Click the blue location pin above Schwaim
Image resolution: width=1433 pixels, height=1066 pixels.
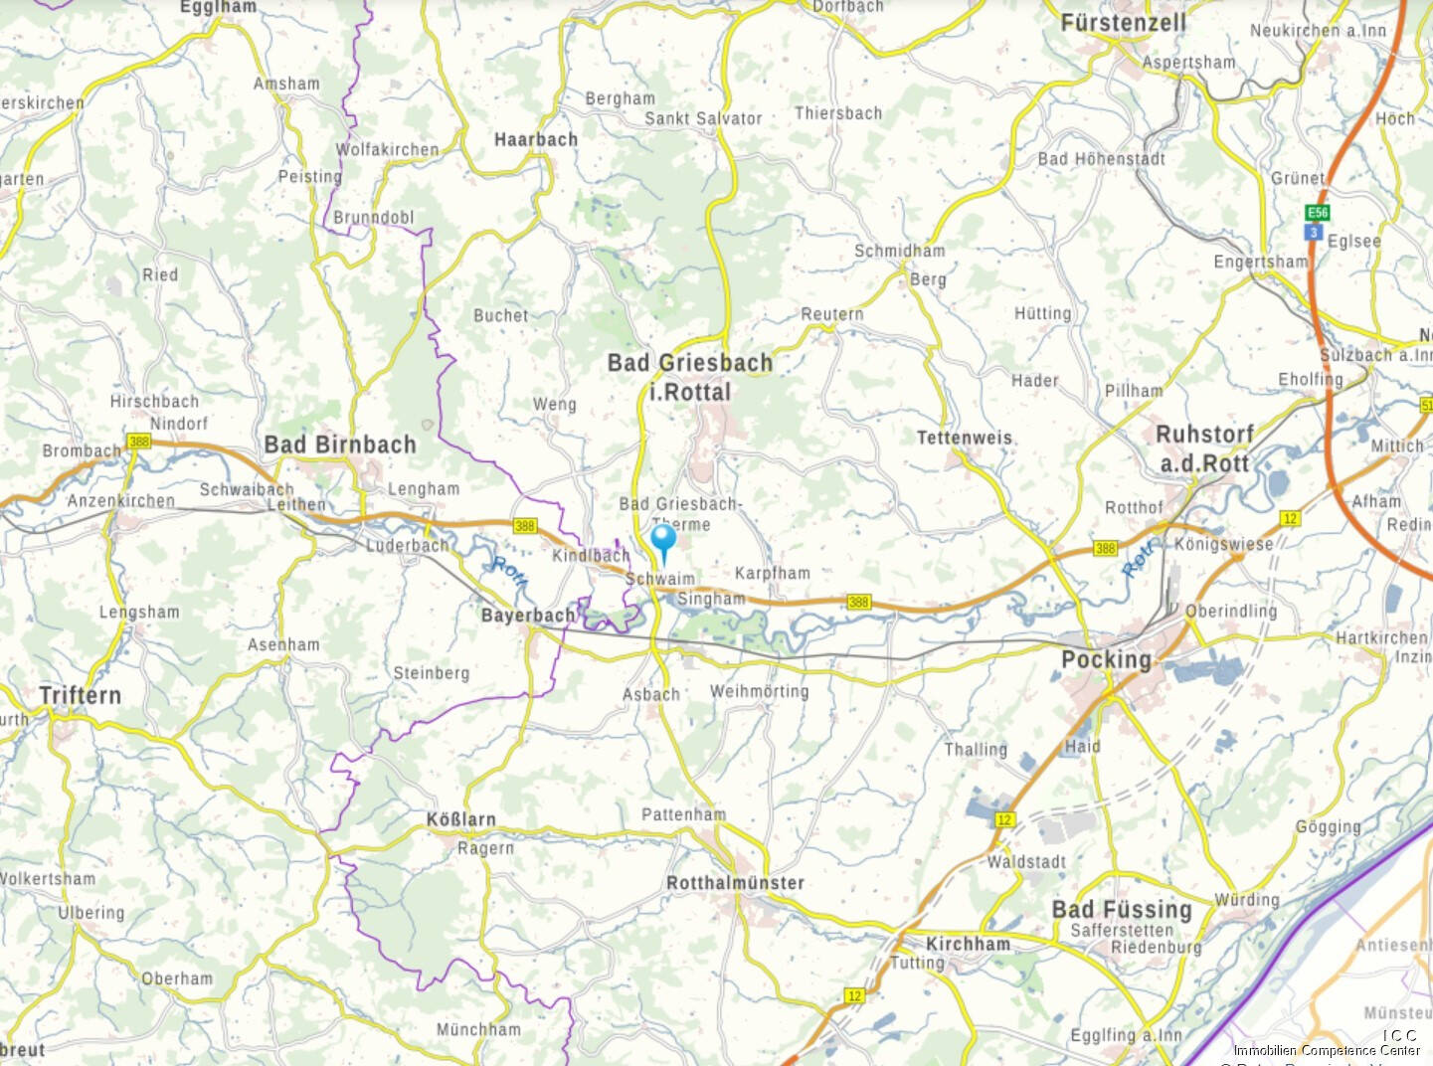click(663, 541)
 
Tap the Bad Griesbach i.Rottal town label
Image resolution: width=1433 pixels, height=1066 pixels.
click(690, 378)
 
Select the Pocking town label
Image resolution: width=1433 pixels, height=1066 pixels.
click(1106, 660)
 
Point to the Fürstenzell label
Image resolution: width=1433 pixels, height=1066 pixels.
click(1123, 23)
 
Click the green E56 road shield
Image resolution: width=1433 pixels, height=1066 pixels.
click(1318, 213)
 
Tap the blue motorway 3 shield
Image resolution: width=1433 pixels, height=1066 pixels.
click(1315, 233)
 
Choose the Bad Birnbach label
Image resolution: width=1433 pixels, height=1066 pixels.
click(340, 444)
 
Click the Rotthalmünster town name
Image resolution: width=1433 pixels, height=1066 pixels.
click(735, 883)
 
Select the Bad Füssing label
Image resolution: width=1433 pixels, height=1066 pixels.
click(1122, 910)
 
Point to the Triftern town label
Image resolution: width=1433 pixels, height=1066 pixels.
click(80, 696)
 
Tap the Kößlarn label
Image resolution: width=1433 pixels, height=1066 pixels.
click(460, 820)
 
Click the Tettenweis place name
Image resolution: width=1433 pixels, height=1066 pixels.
click(964, 438)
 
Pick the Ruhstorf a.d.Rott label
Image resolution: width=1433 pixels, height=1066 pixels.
click(1204, 448)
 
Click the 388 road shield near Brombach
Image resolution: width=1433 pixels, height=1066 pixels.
click(138, 441)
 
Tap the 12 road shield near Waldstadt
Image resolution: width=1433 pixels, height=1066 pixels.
click(1004, 819)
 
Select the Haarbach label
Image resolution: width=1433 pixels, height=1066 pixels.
click(536, 140)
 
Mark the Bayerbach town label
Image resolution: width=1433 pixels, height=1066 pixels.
click(528, 616)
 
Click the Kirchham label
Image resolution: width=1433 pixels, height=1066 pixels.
click(968, 944)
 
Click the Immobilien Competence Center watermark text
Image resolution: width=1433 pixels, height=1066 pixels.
click(1327, 1050)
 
